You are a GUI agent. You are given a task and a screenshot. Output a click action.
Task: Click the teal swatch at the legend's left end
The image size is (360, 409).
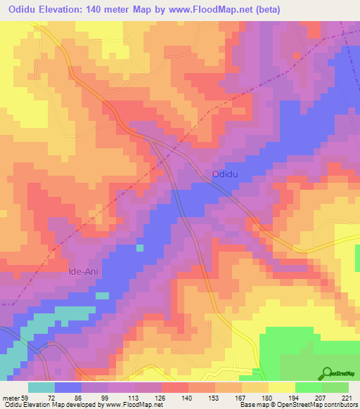click(41, 387)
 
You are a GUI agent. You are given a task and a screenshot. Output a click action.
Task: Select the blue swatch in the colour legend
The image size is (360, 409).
click(68, 387)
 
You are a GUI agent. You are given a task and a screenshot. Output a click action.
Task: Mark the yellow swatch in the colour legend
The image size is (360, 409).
click(281, 387)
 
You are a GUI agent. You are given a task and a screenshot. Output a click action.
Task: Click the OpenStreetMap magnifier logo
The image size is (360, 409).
click(326, 374)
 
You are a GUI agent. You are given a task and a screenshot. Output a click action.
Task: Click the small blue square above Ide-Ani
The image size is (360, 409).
click(140, 247)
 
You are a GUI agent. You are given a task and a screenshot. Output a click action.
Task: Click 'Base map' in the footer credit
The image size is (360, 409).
click(251, 405)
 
